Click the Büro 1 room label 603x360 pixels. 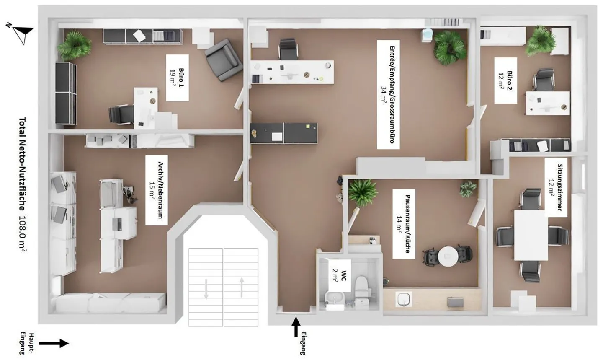point(177,78)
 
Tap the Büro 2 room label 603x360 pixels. point(505,80)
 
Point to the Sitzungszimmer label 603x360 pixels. point(556,187)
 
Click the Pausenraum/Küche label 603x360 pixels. point(403,224)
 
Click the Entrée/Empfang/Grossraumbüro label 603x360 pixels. point(388,95)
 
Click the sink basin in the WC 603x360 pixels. point(335,298)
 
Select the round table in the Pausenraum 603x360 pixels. point(448,255)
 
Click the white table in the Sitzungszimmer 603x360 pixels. point(531,236)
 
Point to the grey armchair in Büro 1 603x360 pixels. point(223,60)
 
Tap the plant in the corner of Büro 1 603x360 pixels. point(74,44)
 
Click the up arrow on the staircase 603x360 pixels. point(242,287)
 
